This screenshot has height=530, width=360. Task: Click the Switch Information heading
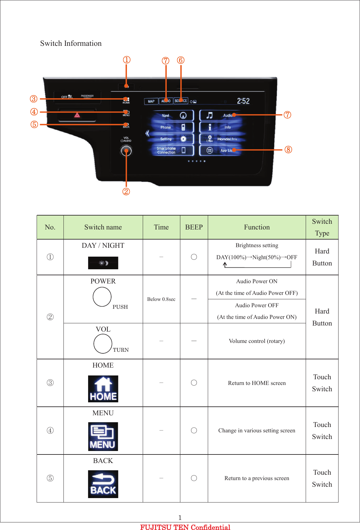71,43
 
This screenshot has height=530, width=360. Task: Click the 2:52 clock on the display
243,101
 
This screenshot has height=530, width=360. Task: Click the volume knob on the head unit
126,151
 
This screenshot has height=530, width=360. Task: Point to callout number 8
288,149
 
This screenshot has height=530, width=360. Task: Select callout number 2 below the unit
126,192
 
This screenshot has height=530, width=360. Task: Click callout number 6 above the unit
181,60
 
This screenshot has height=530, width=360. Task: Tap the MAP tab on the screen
151,101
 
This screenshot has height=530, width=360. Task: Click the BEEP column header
194,227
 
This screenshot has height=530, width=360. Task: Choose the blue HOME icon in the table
103,389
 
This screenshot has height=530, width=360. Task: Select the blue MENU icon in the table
103,436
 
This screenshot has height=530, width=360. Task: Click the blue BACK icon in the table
103,484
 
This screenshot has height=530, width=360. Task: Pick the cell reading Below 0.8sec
161,299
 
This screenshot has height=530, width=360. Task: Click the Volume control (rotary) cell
257,341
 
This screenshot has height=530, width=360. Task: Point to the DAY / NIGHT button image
103,263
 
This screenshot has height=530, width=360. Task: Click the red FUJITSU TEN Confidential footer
185,527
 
